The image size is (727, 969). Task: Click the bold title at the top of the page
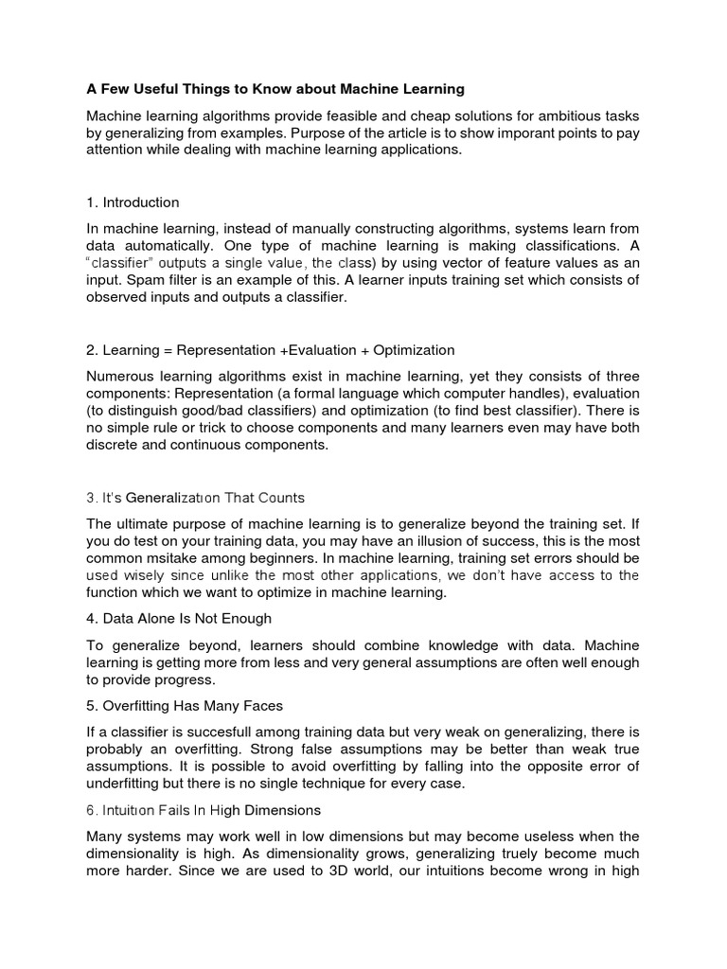[275, 90]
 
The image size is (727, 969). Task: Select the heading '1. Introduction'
[133, 203]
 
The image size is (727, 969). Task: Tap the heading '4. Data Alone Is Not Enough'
[179, 619]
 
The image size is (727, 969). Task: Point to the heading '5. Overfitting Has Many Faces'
[185, 706]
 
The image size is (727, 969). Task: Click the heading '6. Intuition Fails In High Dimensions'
[204, 811]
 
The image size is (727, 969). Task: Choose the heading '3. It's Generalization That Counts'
[195, 498]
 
